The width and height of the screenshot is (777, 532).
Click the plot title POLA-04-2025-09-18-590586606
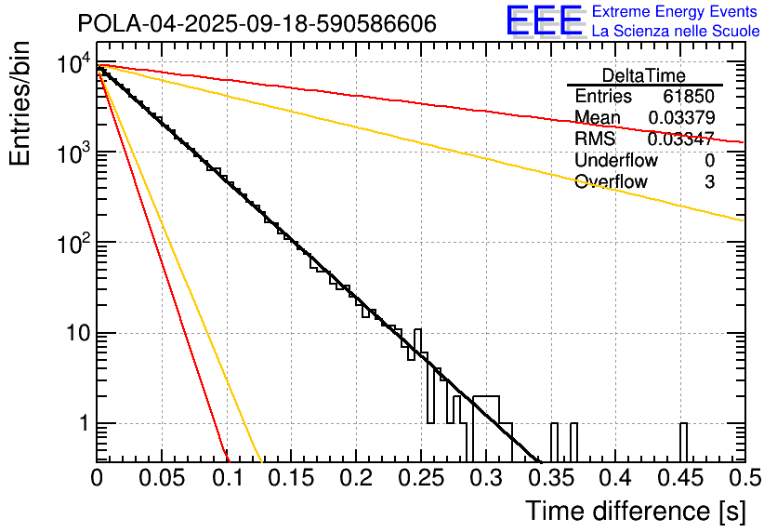coord(257,24)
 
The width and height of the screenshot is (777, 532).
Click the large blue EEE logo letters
coord(544,22)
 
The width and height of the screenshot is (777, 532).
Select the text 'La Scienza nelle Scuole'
coord(676,31)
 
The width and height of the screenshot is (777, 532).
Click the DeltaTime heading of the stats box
coord(644,75)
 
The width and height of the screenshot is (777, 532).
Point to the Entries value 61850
coord(688,97)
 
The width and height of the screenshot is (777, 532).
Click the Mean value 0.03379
coord(680,118)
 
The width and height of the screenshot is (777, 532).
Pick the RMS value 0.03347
coord(680,140)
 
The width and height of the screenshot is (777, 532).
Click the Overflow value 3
coord(709,182)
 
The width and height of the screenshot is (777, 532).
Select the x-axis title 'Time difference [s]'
coord(633,511)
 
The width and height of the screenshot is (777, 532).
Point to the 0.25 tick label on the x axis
coord(420,479)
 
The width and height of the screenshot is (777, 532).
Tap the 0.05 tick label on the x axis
coord(162,479)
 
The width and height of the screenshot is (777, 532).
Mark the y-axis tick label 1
coord(81,425)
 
